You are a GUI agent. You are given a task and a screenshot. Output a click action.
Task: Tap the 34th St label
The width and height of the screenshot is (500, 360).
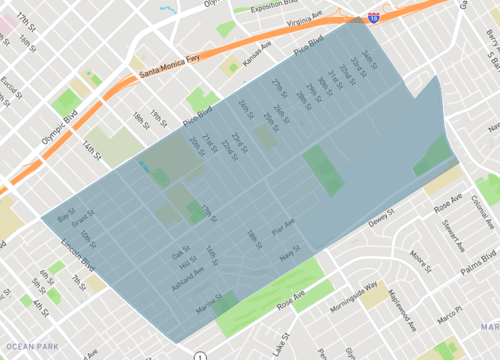369,57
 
